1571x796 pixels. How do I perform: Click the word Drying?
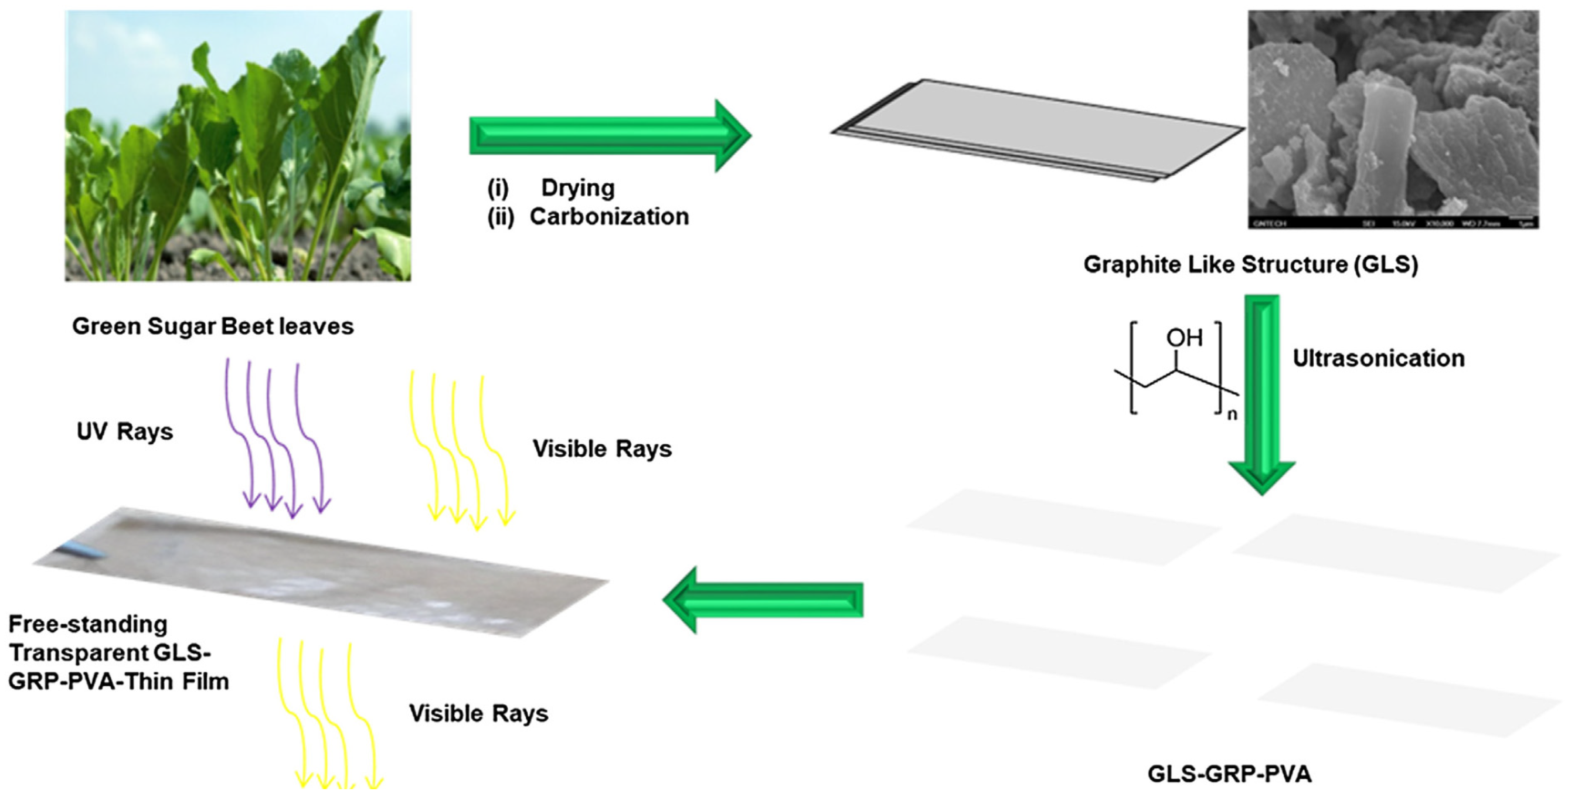[x=578, y=188]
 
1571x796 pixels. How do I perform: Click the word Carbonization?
[x=609, y=217]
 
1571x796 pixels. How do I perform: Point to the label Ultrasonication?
[x=1378, y=359]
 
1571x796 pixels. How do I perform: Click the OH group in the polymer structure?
[x=1184, y=338]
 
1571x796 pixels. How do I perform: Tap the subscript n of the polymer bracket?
[x=1232, y=415]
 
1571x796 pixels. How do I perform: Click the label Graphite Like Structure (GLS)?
[x=1250, y=265]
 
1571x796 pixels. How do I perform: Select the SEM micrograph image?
[x=1393, y=119]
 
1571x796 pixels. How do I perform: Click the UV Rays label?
[x=125, y=432]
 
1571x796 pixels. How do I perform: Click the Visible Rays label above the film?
[x=602, y=449]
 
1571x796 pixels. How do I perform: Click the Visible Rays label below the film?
[x=478, y=713]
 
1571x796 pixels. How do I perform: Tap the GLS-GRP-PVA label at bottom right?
[x=1229, y=774]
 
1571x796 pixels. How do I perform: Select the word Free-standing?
[x=88, y=624]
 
